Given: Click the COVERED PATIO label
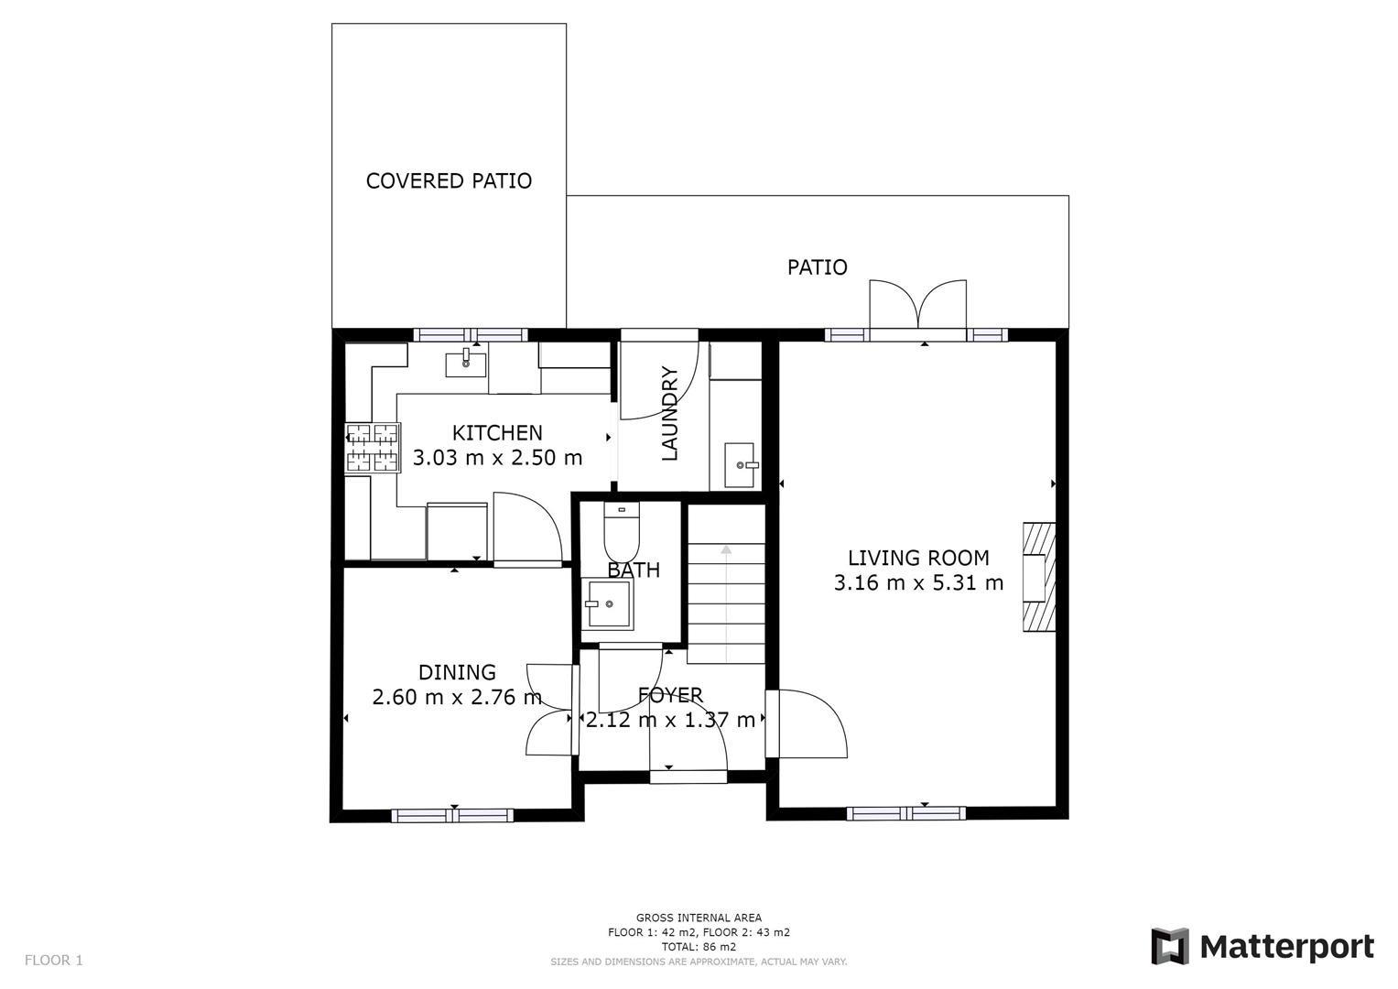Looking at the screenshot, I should point(449,180).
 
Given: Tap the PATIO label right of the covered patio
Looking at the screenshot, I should point(818,267).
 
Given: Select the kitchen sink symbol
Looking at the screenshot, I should point(466,364).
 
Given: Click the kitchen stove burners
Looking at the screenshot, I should point(373,448).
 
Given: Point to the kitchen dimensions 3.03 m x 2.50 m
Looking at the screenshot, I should point(497,457).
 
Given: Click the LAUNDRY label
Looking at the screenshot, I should point(669,413).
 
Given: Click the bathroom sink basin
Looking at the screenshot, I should point(609,604).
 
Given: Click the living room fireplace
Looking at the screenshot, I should point(1038,576).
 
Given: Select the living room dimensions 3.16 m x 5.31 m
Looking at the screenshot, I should point(918,582).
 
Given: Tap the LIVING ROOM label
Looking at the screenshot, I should point(918,558).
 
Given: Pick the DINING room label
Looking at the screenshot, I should point(457,673).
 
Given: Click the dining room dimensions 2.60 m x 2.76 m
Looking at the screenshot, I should point(457,698).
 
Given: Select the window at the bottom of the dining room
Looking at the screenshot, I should point(452,815).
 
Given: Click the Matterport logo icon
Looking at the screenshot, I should point(1169,946).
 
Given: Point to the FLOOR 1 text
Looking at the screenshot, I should point(53,961).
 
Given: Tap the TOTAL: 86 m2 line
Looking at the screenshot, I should point(699,947).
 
